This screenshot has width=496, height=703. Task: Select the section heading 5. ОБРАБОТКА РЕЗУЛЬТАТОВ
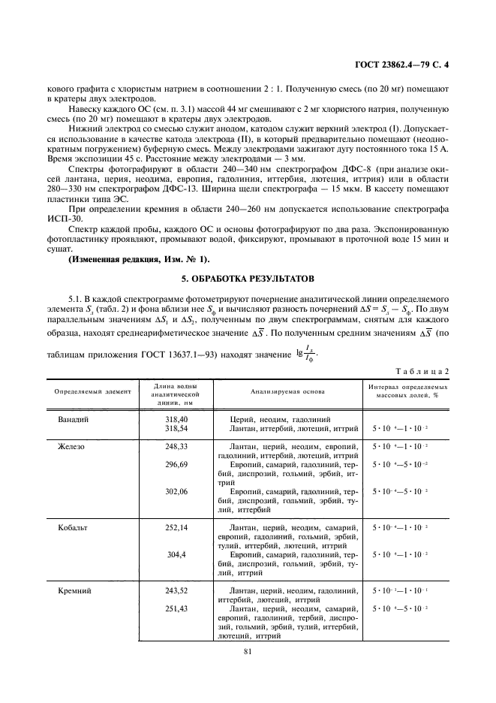248,278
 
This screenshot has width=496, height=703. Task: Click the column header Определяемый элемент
92,392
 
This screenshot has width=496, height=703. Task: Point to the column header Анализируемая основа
281,392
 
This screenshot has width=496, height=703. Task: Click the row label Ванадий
74,419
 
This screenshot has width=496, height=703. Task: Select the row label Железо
71,446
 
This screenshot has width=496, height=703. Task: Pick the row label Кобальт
74,528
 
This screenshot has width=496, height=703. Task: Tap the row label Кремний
75,591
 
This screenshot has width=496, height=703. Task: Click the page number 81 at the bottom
247,652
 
